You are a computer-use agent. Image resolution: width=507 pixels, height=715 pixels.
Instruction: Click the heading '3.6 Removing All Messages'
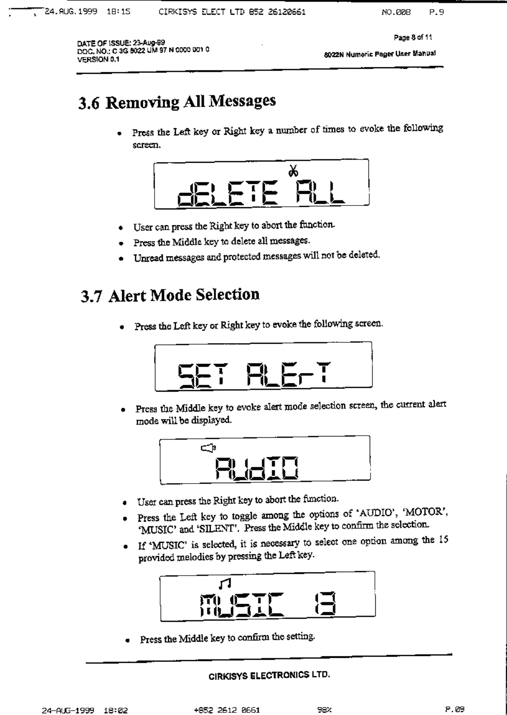pos(177,102)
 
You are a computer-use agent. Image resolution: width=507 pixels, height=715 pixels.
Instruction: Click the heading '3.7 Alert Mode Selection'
pos(170,295)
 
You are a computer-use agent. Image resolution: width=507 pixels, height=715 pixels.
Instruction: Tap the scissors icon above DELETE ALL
pos(293,171)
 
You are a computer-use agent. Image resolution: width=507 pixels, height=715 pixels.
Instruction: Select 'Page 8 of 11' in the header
pos(413,38)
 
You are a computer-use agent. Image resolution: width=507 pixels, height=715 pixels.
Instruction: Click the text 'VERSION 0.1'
pos(98,60)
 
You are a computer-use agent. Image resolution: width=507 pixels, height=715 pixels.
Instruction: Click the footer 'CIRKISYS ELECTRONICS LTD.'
pos(269,675)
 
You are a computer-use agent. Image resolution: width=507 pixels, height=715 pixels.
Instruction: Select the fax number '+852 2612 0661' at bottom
pos(227,709)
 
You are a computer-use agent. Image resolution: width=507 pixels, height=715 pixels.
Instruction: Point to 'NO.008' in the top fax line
pos(396,12)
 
